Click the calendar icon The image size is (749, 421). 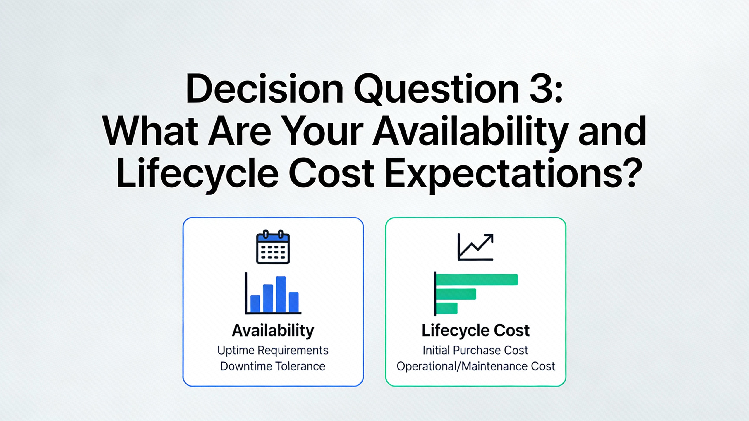[x=273, y=247]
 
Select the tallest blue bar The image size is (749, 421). [x=281, y=294]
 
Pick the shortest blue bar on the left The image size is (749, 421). [x=255, y=304]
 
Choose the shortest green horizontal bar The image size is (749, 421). [x=447, y=308]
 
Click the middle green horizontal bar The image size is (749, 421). [x=456, y=294]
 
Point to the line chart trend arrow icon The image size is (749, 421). [x=475, y=247]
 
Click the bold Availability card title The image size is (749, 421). [x=273, y=331]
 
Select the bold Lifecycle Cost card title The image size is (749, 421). [x=475, y=331]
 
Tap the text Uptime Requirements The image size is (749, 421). [x=273, y=351]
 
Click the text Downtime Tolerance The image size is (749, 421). [x=273, y=366]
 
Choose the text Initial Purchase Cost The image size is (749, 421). [x=475, y=350]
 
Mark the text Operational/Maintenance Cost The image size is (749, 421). [x=476, y=366]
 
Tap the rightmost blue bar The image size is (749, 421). [x=294, y=302]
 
